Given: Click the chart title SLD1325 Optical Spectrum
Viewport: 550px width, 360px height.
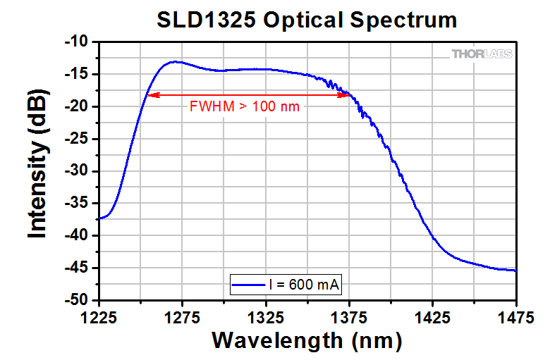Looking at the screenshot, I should (x=307, y=20).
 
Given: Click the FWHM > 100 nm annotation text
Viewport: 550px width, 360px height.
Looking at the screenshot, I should (x=245, y=107).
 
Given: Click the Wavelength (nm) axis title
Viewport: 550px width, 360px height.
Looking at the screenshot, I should (x=307, y=340).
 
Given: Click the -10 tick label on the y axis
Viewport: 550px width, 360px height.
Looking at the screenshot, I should (x=76, y=42).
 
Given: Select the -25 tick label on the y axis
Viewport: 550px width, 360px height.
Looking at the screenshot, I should (x=76, y=139).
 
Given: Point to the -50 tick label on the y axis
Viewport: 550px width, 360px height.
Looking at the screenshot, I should (x=76, y=300).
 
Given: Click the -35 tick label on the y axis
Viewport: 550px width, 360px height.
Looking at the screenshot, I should (x=76, y=204).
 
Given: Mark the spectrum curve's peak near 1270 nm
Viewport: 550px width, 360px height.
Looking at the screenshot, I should (x=173, y=61).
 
